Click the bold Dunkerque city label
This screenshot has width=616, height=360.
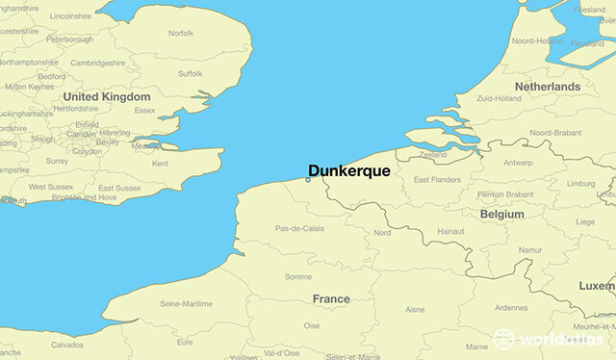click(348, 170)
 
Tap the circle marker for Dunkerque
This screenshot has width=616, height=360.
click(308, 179)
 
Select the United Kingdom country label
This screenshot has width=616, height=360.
click(107, 97)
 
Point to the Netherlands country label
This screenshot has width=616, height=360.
click(548, 87)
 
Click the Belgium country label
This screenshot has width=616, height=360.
click(501, 214)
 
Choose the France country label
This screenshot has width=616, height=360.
click(330, 299)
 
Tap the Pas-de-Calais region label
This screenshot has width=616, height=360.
click(298, 228)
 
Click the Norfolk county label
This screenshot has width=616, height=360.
click(181, 33)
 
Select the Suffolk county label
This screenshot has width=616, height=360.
click(191, 73)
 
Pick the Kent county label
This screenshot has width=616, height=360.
click(160, 164)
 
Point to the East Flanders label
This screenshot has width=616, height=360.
click(436, 180)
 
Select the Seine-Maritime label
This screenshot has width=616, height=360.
click(186, 305)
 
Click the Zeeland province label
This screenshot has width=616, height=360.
click(433, 154)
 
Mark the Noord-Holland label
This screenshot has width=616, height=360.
click(536, 41)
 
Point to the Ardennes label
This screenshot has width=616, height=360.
click(510, 308)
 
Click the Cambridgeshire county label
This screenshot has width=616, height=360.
click(97, 63)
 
